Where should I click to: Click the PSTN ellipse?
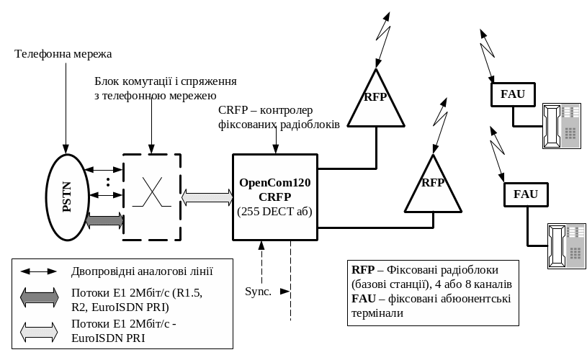(68, 197)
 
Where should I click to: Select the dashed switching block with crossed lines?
(151, 197)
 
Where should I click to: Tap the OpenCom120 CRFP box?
(274, 197)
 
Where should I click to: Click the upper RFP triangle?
(375, 102)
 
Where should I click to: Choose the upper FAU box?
(512, 94)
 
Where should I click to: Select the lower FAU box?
(526, 194)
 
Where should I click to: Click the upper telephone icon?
(562, 126)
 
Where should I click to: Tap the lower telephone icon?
(567, 246)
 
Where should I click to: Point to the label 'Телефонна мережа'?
(63, 54)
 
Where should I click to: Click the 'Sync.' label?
(259, 292)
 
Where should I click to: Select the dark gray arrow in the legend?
(39, 297)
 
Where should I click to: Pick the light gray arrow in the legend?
(39, 331)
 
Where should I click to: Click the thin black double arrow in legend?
(39, 271)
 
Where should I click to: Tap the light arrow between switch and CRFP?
(206, 197)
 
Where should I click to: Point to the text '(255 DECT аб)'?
(274, 211)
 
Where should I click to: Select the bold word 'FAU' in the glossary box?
(364, 298)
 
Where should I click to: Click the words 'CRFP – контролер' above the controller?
(265, 110)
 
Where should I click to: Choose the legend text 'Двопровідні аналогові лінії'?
(142, 271)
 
